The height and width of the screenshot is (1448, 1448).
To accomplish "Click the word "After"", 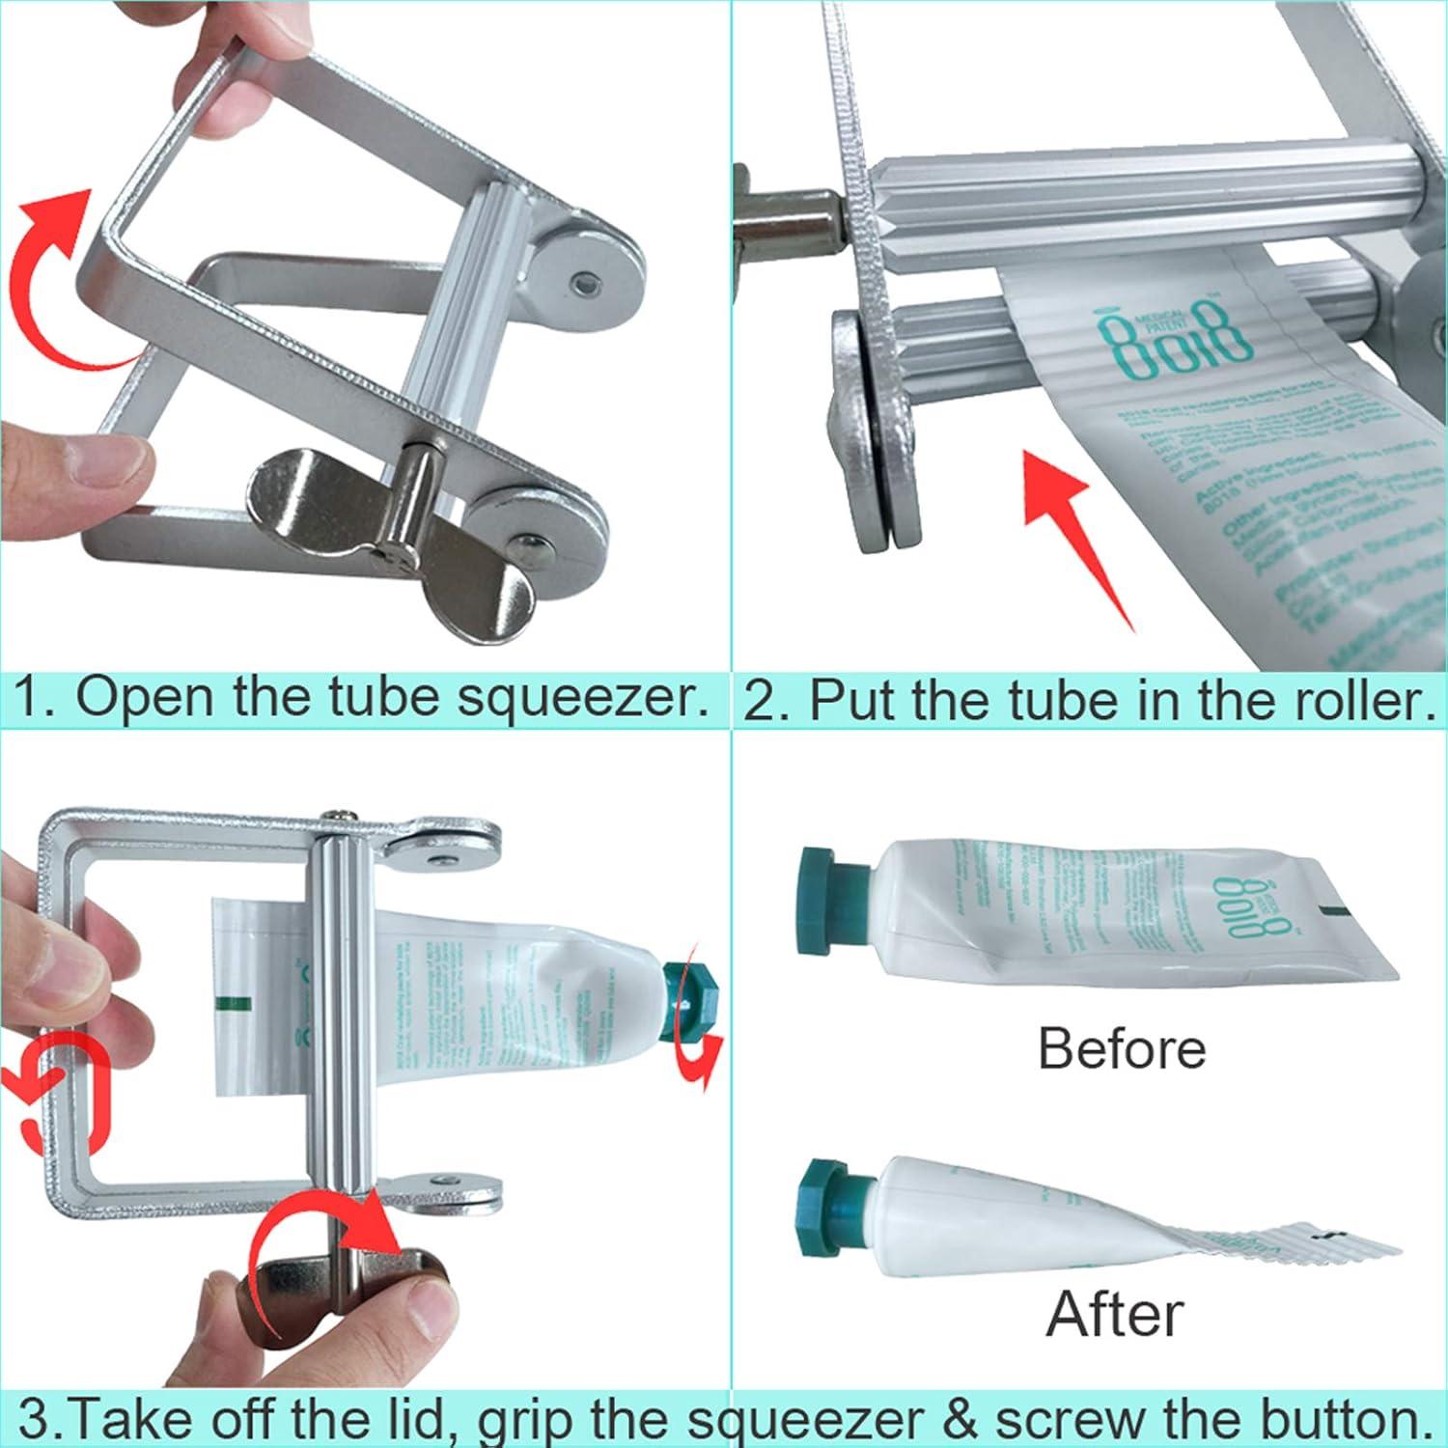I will [1115, 1313].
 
